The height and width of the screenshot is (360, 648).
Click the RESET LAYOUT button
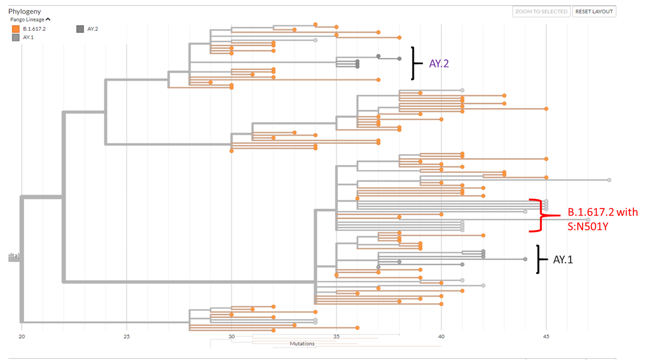coord(594,11)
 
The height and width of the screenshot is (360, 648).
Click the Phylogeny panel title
coord(24,11)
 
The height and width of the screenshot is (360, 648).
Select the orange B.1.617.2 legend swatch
coord(16,29)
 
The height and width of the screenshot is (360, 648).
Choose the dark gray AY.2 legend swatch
coord(80,29)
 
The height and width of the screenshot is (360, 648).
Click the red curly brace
coord(539,216)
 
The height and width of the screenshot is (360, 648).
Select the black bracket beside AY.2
coord(413,63)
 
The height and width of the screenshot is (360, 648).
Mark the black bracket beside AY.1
coord(538,259)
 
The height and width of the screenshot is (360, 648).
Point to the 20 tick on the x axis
coord(21,336)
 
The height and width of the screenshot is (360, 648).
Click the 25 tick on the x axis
coord(126,336)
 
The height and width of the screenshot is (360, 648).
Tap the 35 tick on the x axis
coord(336,336)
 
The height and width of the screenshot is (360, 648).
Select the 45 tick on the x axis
coord(546,336)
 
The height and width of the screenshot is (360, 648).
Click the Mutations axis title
coord(302,344)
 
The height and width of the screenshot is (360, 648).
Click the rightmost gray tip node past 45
coord(609,179)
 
